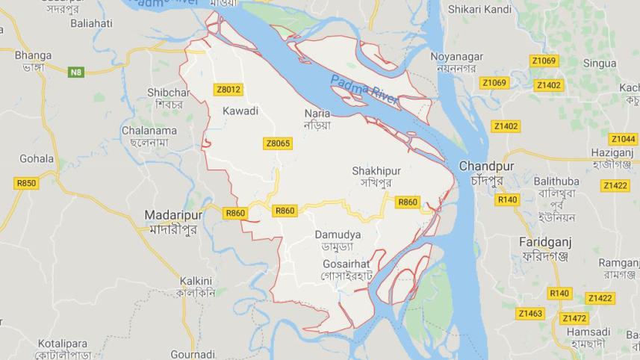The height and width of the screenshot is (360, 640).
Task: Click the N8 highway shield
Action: [x=75, y=72]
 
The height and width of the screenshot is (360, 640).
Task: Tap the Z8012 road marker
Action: [x=228, y=90]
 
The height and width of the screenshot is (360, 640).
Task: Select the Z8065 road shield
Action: [x=277, y=143]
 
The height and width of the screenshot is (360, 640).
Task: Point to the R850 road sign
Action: [x=25, y=183]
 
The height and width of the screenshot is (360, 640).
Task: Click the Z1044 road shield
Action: [x=623, y=139]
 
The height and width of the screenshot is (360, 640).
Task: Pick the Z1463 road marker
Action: [x=530, y=313]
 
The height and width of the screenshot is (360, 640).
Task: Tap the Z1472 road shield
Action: [x=574, y=317]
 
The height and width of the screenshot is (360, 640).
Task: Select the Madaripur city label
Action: [x=172, y=216]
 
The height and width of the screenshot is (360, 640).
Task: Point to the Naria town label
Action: [x=317, y=114]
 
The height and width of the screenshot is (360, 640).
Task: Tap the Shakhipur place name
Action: [x=376, y=171]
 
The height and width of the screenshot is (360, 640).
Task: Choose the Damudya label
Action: [x=338, y=235]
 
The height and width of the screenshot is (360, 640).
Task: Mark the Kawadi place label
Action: [x=240, y=111]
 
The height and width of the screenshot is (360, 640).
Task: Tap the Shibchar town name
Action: [x=169, y=93]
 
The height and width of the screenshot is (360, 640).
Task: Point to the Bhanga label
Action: [x=33, y=55]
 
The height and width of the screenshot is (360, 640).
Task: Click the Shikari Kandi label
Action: [x=479, y=10]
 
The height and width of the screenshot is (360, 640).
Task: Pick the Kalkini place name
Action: [x=196, y=281]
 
